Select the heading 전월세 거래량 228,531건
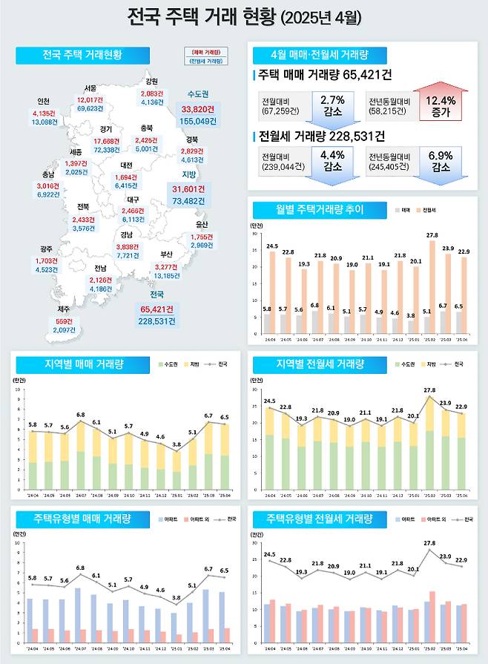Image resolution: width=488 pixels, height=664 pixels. point(322,137)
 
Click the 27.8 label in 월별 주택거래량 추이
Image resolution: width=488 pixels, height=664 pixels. point(432,234)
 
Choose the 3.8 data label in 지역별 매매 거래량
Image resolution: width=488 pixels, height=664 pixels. point(176,444)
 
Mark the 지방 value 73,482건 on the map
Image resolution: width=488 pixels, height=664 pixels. point(194,201)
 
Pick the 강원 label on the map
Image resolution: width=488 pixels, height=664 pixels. point(152,81)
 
